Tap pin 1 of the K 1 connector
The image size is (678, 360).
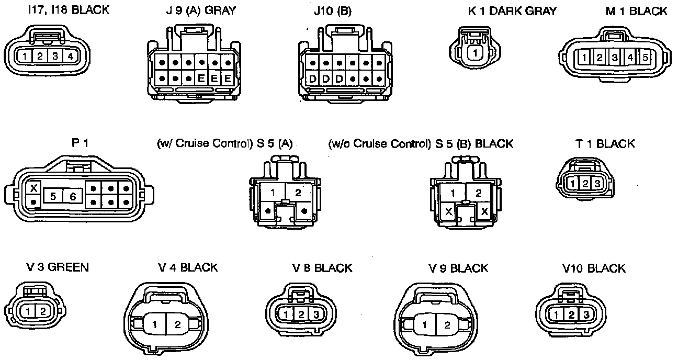tap(474, 52)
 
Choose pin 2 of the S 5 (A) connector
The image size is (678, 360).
tap(298, 193)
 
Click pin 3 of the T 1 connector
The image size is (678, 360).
tap(596, 183)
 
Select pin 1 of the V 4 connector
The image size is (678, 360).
tap(155, 324)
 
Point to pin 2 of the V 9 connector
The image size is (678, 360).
tap(447, 324)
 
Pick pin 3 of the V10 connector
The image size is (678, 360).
tap(586, 314)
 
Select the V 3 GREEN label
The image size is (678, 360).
tap(50, 267)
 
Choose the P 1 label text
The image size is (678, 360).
tap(79, 143)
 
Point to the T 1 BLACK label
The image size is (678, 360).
tap(605, 144)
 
